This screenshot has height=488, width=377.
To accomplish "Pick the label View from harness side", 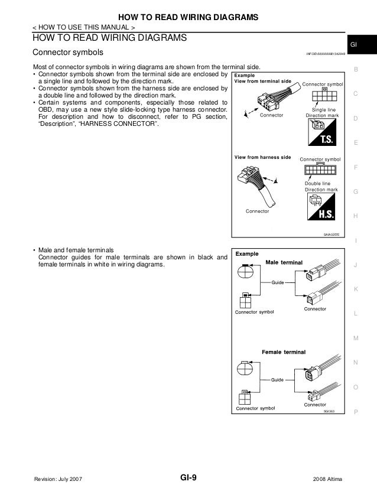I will coord(262,158).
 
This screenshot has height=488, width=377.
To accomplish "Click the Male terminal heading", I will coord(284,262).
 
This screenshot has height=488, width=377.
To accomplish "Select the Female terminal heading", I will coord(284,352).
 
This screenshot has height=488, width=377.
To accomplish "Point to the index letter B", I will coord(356,70).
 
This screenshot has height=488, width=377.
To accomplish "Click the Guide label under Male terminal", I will coord(278,284).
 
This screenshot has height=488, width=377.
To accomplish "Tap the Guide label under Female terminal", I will coord(278,379).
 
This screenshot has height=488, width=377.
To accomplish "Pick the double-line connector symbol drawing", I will coord(320,170).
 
